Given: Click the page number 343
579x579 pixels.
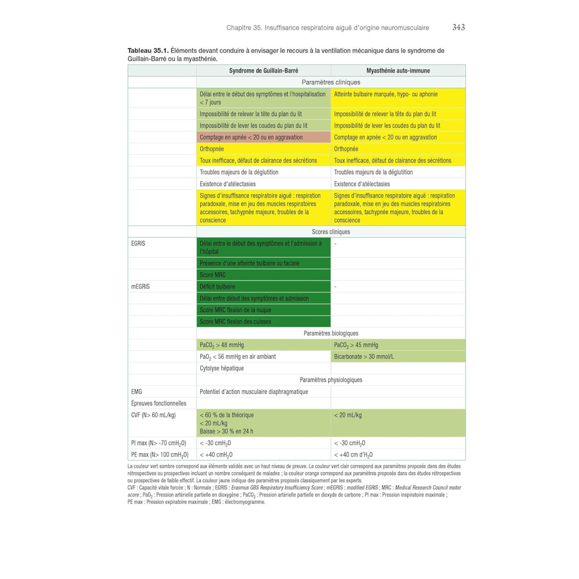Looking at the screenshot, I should point(458,28).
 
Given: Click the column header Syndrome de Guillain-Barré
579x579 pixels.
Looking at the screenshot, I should point(263,70).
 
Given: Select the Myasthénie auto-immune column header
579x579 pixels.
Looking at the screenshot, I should point(398,70).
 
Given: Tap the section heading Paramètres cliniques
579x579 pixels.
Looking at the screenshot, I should point(331,83).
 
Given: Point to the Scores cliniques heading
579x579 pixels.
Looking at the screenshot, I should point(331,232).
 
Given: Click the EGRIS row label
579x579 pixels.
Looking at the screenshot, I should point(138,244).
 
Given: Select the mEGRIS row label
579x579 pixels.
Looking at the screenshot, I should point(140,287).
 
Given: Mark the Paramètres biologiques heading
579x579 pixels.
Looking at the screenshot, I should point(331,333).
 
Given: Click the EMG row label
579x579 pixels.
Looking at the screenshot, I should point(137,392).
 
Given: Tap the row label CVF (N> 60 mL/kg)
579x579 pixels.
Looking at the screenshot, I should point(153,415).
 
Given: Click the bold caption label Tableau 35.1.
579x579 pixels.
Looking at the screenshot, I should point(148,51).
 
